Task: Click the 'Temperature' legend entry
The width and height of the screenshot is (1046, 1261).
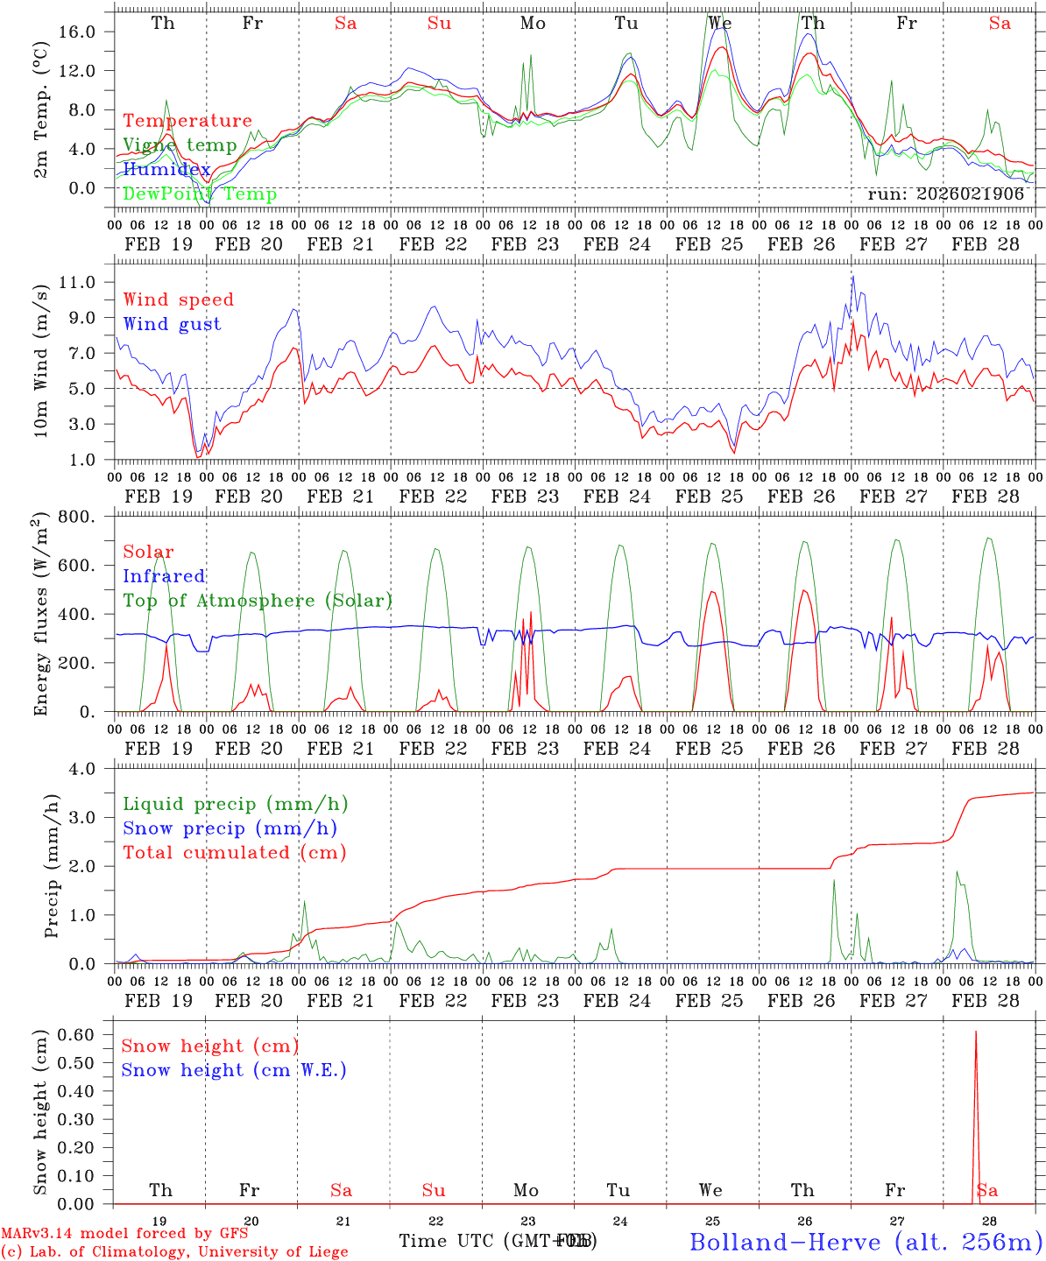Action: tap(187, 121)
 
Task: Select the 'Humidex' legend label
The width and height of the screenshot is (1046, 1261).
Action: tap(166, 169)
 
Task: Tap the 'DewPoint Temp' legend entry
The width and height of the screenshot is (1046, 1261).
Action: tap(200, 194)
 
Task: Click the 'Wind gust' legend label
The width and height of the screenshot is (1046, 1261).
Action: tap(172, 324)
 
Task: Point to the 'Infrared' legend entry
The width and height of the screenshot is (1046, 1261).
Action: tap(164, 576)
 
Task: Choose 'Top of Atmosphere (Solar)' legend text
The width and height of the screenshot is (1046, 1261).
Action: tap(258, 601)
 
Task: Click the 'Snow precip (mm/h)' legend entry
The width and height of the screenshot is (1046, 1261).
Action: tap(230, 828)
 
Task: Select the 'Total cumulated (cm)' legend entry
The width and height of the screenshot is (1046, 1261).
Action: tap(235, 852)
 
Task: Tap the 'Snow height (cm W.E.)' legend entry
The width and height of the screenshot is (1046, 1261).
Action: tap(234, 1070)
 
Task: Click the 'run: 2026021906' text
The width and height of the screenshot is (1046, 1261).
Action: tap(946, 194)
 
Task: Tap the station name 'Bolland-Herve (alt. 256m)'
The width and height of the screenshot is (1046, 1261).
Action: tap(866, 1242)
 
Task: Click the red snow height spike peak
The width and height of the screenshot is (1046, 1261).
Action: tap(976, 1032)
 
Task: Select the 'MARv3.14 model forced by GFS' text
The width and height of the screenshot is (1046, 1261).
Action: tap(124, 1234)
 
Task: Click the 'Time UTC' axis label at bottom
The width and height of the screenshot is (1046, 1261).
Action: tap(449, 1241)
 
